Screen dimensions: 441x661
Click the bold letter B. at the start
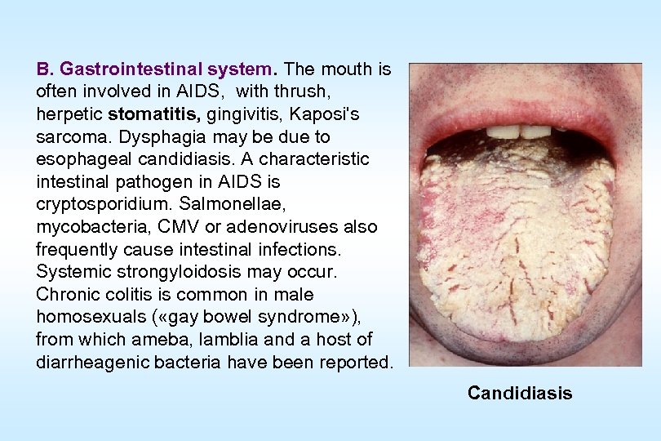[45, 69]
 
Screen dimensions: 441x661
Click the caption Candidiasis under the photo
[520, 394]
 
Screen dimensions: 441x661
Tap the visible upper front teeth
[519, 131]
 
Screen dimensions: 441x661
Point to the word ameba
[148, 339]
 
